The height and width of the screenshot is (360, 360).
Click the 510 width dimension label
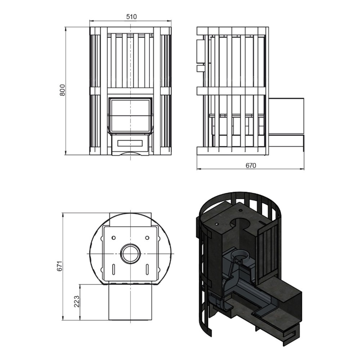pos(131,17)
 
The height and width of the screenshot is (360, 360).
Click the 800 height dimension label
pos(62,90)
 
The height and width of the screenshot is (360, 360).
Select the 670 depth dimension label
pos(251,165)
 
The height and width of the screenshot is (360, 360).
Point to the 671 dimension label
pos(60,266)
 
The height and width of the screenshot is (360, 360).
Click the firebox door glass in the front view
pos(130,116)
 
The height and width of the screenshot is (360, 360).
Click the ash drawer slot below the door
pos(130,143)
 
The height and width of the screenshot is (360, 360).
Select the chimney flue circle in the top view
pos(130,253)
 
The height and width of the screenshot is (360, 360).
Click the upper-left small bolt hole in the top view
pos(113,237)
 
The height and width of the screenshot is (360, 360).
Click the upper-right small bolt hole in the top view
pos(147,237)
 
